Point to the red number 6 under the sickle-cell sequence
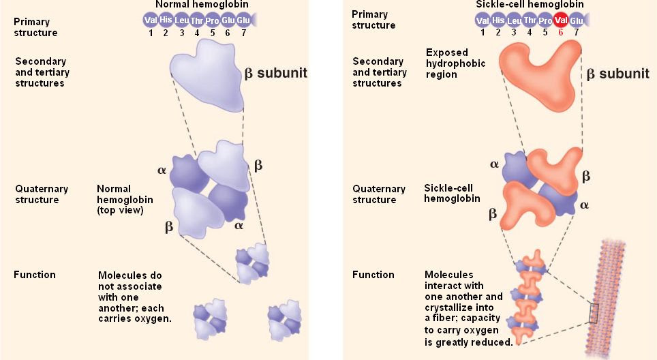pyautogui.click(x=560, y=32)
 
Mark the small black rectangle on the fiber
pyautogui.click(x=594, y=313)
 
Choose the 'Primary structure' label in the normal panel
pyautogui.click(x=35, y=27)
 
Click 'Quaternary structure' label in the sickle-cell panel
pyautogui.click(x=378, y=194)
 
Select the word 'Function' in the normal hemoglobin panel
pyautogui.click(x=35, y=275)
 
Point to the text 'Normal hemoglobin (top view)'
pyautogui.click(x=125, y=199)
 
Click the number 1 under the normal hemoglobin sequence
pyautogui.click(x=151, y=32)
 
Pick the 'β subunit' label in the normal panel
pyautogui.click(x=275, y=73)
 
